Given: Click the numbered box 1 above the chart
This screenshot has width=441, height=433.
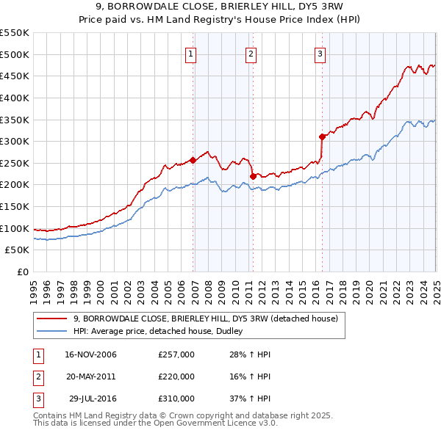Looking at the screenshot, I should click(x=190, y=53).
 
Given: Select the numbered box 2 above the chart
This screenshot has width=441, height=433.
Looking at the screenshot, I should click(x=251, y=53).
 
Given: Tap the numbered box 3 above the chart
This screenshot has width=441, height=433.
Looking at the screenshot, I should click(x=320, y=53).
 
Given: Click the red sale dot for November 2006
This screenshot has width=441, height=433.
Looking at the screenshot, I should click(x=193, y=159).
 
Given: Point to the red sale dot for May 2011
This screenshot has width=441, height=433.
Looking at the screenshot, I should click(x=253, y=175).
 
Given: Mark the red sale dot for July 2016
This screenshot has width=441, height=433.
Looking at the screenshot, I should click(x=322, y=137).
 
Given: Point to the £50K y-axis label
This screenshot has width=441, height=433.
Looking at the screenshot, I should click(x=18, y=250).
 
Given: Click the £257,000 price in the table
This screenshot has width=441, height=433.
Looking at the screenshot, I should click(x=176, y=354).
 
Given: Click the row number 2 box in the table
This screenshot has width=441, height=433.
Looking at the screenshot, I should click(x=37, y=376).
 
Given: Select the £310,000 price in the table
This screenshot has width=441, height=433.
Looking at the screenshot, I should click(x=176, y=399).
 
